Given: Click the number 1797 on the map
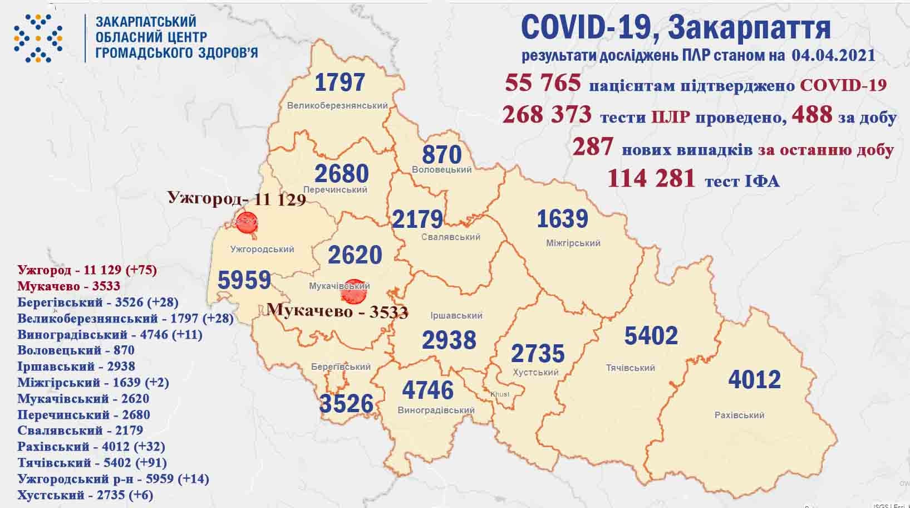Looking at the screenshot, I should [340, 82].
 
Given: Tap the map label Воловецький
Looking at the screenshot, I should [442, 169].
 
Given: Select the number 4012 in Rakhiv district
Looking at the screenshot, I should [754, 380].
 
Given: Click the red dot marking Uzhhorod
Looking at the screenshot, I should [247, 223].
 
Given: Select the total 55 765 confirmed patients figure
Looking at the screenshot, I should [543, 84].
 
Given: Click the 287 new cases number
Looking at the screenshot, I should [593, 148].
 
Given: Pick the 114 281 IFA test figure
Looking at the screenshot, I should [651, 179].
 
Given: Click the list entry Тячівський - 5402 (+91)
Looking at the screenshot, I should [92, 462].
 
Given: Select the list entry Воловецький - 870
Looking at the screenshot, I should [76, 350].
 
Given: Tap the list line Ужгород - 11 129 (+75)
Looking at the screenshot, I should [87, 270].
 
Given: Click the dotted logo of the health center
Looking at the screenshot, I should [37, 37].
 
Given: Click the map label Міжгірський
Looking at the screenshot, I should [573, 243].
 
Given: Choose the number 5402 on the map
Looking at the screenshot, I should [651, 336].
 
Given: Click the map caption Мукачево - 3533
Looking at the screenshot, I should [337, 310].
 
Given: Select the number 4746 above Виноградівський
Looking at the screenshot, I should [427, 390].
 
